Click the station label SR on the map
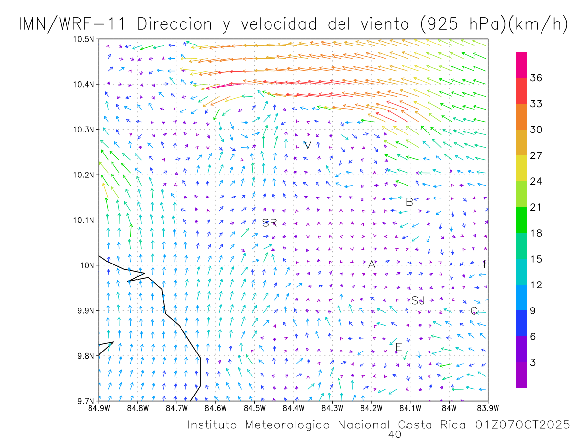coord(270,223)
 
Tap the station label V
coord(308,145)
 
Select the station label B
coord(409,202)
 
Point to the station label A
coord(372,264)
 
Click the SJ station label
coord(418,301)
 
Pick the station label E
coord(398,348)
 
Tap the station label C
coord(474,311)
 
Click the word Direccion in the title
coord(176,24)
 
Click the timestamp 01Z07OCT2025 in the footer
coord(522,425)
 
